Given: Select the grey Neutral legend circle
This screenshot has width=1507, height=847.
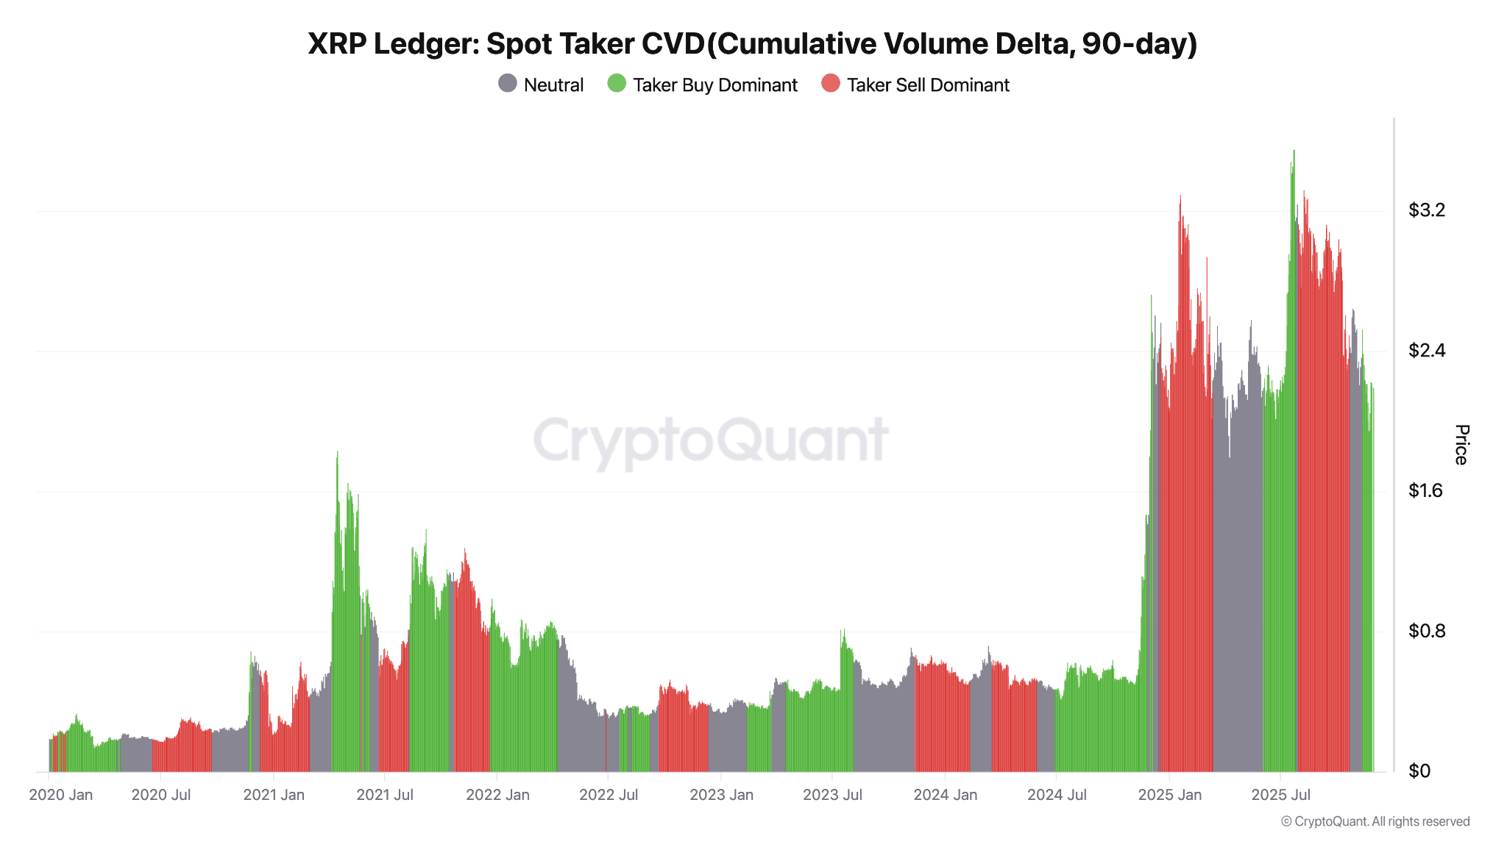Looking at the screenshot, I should click(x=508, y=84).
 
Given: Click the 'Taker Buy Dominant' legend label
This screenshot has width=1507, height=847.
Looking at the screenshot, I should click(x=715, y=85).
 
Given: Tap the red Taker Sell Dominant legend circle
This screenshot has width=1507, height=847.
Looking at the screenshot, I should click(x=831, y=84).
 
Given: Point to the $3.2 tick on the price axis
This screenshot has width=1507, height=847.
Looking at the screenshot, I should click(x=1426, y=210).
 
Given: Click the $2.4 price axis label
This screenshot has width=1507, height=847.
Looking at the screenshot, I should click(x=1426, y=351).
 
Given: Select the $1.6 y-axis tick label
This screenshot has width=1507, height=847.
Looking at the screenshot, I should click(x=1426, y=490).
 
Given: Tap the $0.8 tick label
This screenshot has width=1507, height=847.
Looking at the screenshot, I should click(x=1426, y=631).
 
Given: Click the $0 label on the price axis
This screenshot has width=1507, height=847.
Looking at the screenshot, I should click(x=1419, y=771).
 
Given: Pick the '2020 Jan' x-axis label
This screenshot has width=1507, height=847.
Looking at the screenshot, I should click(x=61, y=795).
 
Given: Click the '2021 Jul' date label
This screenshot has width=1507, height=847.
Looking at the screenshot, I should click(x=385, y=795).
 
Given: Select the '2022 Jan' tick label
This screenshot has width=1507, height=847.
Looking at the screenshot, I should click(x=497, y=795).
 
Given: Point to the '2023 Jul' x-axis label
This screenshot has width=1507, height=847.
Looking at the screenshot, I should click(x=832, y=795).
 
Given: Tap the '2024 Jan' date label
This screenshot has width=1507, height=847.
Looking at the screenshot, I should click(x=946, y=795).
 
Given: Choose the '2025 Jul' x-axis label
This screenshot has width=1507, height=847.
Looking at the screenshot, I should click(x=1281, y=795).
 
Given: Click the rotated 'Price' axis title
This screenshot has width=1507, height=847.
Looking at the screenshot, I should click(x=1461, y=445).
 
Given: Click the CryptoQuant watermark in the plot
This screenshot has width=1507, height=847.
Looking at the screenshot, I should click(x=711, y=440).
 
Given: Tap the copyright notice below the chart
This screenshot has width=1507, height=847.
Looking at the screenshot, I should click(x=1375, y=822).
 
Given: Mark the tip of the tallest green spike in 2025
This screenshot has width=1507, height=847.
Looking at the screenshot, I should click(x=1294, y=151).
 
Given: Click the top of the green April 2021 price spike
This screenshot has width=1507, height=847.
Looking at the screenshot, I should click(x=337, y=452).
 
